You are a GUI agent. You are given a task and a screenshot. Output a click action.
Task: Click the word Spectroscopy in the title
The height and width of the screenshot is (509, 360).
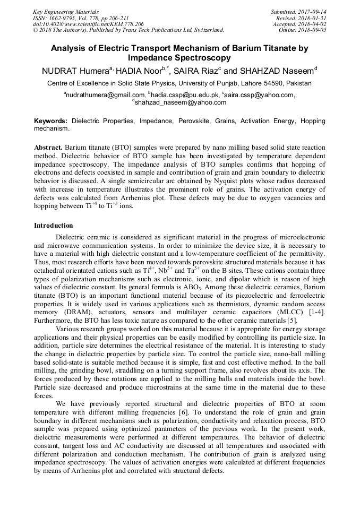204,58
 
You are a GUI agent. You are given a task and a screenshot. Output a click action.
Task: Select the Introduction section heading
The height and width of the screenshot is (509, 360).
54,226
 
